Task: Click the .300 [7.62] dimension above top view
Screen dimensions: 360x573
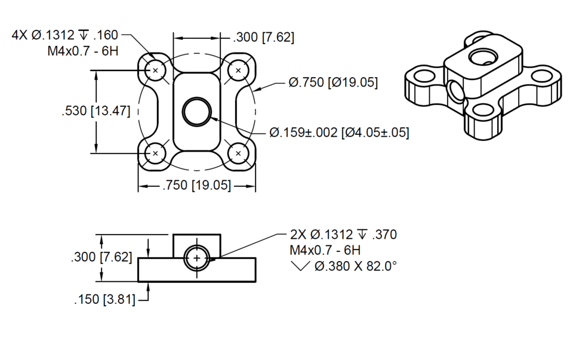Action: click(264, 38)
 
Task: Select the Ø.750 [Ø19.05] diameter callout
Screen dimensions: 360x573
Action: click(332, 82)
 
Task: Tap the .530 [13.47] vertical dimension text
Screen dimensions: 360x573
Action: click(95, 111)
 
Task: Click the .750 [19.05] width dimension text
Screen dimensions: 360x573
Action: click(197, 186)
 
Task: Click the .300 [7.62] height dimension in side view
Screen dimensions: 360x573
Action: click(101, 257)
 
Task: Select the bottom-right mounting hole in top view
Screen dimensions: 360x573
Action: click(239, 153)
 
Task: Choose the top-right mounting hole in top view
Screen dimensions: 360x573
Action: click(239, 70)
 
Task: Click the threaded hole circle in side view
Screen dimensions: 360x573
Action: click(197, 257)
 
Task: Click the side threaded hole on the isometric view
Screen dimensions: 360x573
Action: click(456, 91)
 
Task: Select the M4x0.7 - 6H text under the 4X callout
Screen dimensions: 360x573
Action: click(83, 51)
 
